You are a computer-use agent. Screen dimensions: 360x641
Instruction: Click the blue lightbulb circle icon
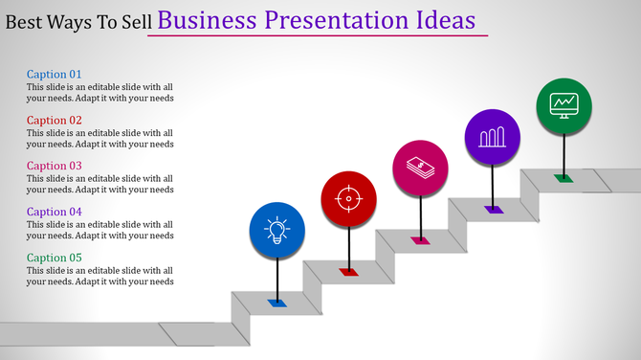(x=277, y=231)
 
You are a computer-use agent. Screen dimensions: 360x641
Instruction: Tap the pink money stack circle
(x=421, y=167)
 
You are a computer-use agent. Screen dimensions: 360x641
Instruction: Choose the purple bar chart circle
(x=492, y=136)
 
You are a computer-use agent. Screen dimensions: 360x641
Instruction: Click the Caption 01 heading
(x=55, y=74)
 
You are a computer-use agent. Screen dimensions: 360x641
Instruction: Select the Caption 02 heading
(x=55, y=120)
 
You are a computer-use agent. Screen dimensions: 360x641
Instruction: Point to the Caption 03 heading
(x=55, y=166)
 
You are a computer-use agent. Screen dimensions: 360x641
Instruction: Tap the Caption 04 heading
(x=55, y=212)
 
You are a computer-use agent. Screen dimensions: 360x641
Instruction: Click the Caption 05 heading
(x=55, y=258)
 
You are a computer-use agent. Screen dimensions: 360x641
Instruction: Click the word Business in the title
(x=207, y=20)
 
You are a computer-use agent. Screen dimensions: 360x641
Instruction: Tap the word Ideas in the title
(x=450, y=20)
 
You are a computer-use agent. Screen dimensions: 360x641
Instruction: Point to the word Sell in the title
(x=133, y=22)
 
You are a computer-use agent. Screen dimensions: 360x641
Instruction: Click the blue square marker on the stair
(x=277, y=303)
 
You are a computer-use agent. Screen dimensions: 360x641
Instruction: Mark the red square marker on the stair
(x=348, y=272)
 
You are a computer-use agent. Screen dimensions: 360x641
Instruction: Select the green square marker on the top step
(x=564, y=177)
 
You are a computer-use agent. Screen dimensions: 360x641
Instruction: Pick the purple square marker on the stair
(x=493, y=209)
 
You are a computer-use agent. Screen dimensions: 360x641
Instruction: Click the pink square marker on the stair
(x=421, y=240)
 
